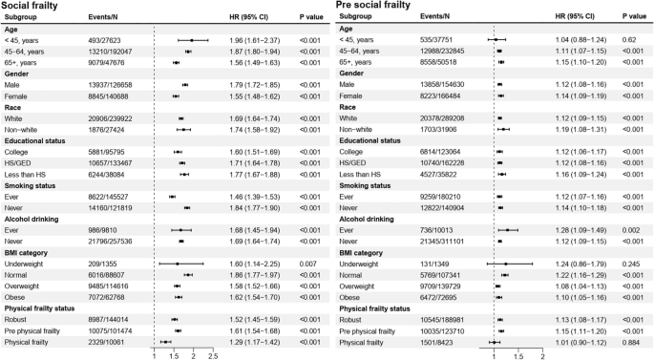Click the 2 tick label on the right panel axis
[542, 353]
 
